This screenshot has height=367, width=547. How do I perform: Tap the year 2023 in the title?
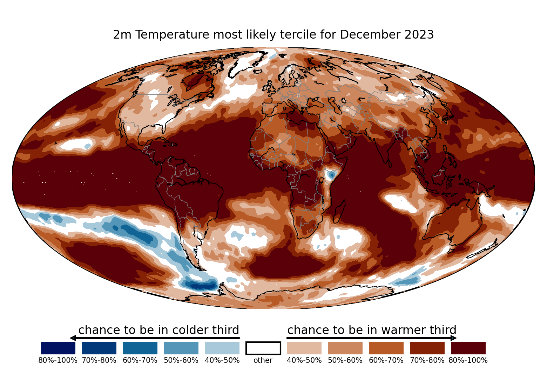419,34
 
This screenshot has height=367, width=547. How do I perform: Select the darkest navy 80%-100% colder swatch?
58,348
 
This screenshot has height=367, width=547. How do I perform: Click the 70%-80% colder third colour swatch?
99,348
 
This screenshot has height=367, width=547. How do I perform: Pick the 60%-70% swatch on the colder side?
140,348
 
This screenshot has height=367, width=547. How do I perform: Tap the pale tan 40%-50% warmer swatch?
304,348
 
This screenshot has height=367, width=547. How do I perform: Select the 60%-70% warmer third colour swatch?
386,348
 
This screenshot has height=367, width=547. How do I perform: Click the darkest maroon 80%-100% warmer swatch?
468,348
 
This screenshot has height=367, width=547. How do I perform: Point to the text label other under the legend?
263,360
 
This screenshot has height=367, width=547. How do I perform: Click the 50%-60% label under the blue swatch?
181,360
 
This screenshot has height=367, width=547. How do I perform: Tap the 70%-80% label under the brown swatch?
427,360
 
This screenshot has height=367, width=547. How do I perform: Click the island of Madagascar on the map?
339,212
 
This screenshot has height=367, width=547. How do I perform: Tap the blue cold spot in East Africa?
332,175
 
